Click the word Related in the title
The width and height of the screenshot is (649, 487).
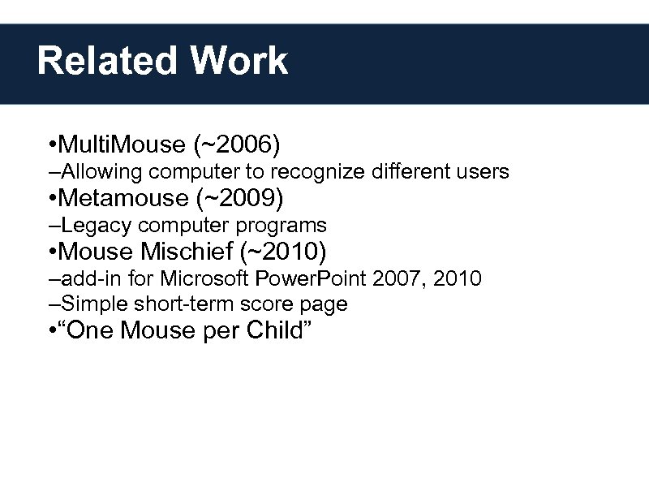click(107, 61)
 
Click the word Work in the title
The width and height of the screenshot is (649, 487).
click(239, 61)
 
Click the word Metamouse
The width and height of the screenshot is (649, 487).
click(122, 197)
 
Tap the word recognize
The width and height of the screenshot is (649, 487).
click(318, 172)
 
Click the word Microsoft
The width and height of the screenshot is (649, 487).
click(206, 279)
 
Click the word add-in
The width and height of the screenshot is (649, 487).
click(86, 279)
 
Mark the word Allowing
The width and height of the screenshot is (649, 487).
click(96, 172)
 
